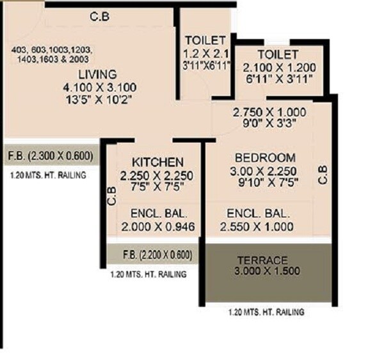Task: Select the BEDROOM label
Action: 264,157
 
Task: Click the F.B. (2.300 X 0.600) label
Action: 51,155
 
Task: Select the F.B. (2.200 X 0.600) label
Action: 157,254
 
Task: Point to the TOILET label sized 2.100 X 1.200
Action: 277,54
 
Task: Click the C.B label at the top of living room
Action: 99,17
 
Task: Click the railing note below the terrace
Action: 266,313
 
